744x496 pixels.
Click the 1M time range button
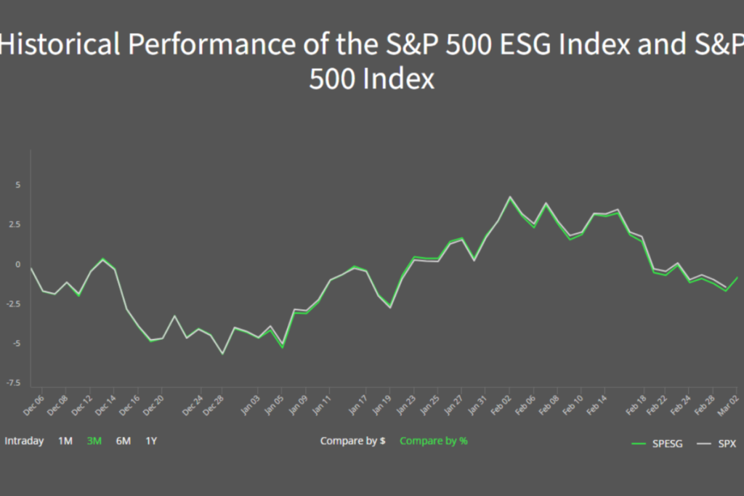click(65, 441)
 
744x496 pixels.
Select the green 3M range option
click(94, 441)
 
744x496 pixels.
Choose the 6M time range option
click(123, 441)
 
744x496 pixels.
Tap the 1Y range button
click(151, 441)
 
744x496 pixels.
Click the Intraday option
click(24, 441)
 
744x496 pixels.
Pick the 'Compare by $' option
click(352, 441)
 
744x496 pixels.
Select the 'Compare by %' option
click(433, 441)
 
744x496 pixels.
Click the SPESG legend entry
click(658, 444)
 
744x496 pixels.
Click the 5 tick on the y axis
click(18, 185)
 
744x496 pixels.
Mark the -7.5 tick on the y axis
click(13, 383)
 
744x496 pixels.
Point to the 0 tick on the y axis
click(18, 264)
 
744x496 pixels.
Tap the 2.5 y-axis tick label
click(15, 224)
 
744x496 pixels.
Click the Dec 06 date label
click(33, 404)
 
